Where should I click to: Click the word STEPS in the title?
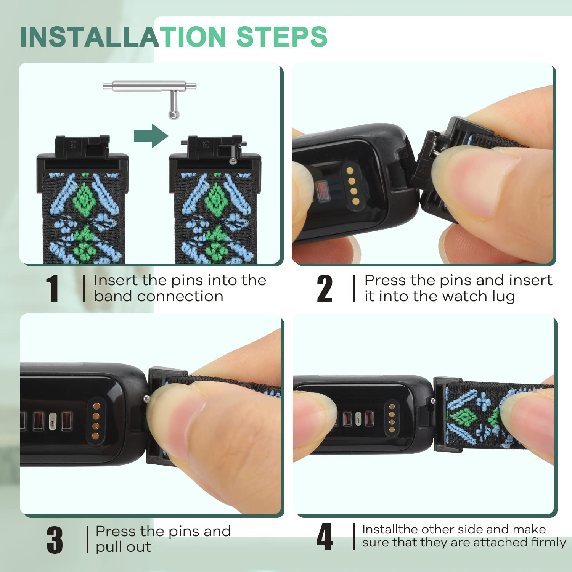282,37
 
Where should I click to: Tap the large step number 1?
52,288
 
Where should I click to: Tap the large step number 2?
325,288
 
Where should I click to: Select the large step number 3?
55,540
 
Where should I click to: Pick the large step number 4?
325,537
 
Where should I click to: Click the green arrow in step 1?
151,136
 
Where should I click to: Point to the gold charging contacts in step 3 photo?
96,421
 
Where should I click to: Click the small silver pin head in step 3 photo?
146,399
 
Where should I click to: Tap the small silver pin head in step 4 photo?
432,400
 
